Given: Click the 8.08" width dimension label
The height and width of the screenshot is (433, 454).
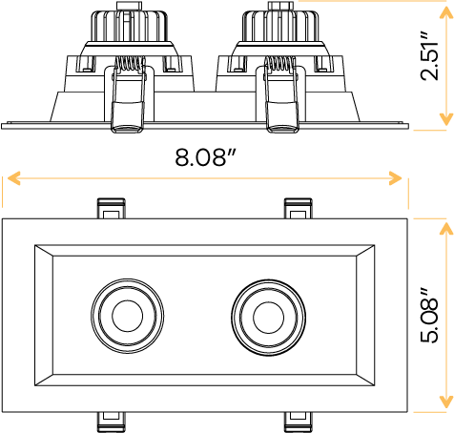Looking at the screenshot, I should (204, 157).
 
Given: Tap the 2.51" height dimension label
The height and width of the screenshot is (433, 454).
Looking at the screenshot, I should (432, 60).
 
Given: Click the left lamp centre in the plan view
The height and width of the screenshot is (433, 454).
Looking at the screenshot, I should (125, 314).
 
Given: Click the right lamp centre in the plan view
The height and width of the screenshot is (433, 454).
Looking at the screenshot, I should (264, 314).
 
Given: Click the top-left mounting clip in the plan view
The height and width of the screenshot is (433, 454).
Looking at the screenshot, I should (110, 208).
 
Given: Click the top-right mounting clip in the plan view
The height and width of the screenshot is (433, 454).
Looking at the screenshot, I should (297, 208).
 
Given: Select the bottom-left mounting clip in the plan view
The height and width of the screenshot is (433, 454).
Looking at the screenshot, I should (110, 421).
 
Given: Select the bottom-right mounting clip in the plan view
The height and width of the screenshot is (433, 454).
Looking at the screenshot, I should (297, 421).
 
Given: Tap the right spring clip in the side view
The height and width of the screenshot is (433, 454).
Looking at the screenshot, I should (280, 95).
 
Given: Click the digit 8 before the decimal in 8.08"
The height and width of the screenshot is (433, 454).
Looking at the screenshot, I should (181, 157).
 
